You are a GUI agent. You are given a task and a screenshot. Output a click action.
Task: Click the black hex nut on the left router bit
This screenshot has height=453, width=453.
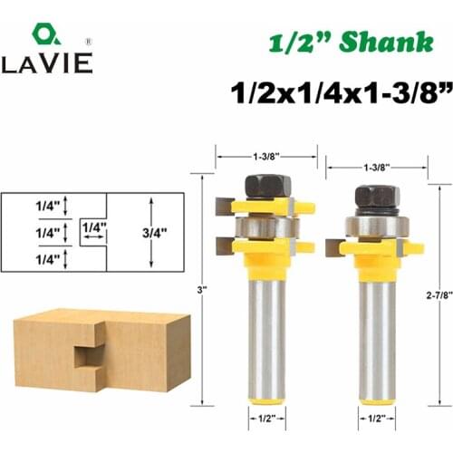(x=265, y=185)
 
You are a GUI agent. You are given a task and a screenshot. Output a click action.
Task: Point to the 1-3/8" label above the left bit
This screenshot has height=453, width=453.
(x=265, y=154)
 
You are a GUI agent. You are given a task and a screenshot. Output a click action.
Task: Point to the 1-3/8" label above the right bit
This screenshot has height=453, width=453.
(x=376, y=168)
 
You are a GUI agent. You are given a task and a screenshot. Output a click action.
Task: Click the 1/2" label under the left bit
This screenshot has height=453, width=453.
(x=265, y=419)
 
